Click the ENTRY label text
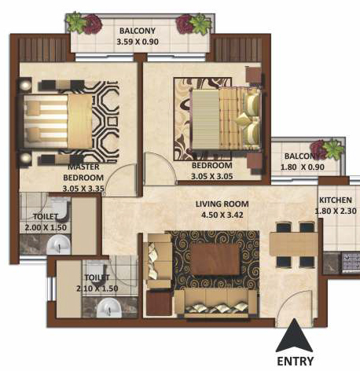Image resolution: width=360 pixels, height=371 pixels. coord(295,361)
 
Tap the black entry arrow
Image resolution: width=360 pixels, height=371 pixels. coord(295,336)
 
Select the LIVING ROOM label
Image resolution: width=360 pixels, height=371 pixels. coord(222,204)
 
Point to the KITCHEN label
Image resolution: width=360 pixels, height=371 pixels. coord(336,200)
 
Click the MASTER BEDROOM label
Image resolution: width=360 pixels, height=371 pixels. coord(83,172)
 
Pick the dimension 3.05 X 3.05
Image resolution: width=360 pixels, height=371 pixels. coord(212,176)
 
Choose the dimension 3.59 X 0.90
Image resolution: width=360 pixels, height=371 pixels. coord(138,42)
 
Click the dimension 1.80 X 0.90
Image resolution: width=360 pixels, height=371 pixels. coord(303,167)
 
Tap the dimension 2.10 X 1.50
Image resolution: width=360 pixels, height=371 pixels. coord(97,288)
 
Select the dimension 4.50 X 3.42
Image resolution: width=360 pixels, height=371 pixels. coord(222,215)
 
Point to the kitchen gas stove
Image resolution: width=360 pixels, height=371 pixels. coord(351,263)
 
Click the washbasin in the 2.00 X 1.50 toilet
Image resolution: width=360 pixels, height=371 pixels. coord(58,244)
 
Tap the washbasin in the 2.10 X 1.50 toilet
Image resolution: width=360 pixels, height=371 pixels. coord(108,308)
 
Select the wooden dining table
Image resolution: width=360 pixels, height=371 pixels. coord(294,244)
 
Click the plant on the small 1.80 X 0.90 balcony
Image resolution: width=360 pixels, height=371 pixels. coord(327,149)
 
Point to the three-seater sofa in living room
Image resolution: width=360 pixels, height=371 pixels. coord(215,303)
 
